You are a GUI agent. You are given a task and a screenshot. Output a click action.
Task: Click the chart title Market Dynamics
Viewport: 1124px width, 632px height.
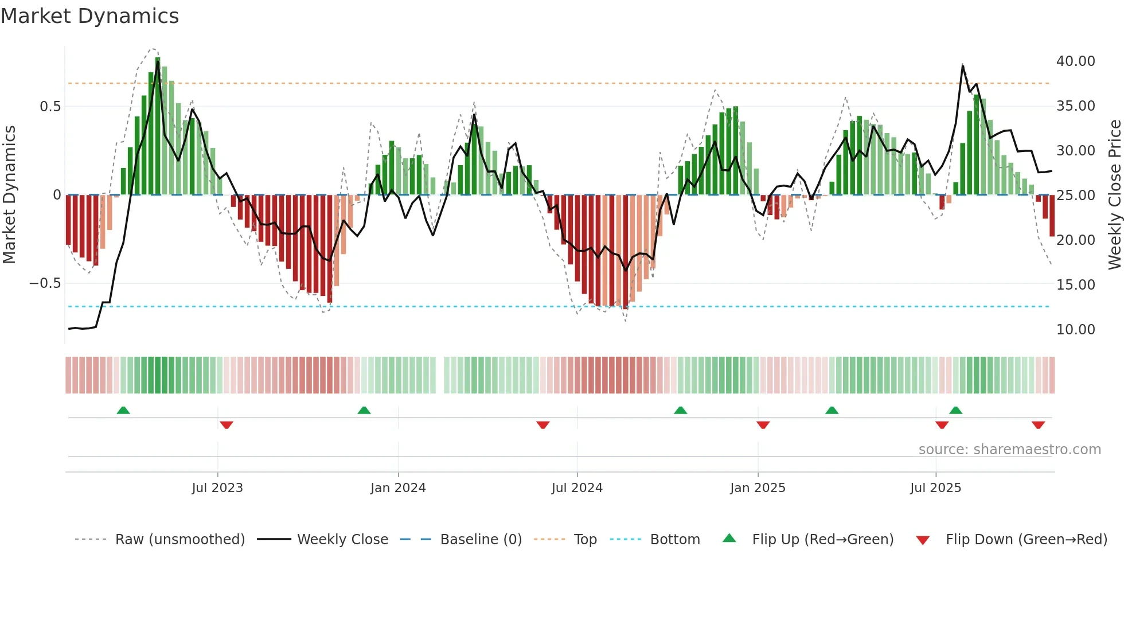[x=89, y=16]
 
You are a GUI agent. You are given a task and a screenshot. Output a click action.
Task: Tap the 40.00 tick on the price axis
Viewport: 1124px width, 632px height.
[x=1075, y=61]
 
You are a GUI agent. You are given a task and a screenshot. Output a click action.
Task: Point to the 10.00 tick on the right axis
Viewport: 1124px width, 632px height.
[x=1075, y=330]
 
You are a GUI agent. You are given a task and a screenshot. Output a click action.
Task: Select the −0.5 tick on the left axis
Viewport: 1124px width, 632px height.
[x=45, y=283]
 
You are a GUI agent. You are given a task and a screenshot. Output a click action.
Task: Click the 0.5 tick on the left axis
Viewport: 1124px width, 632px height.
[x=50, y=107]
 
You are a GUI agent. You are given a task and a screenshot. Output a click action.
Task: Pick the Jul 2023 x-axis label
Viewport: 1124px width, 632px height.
[x=217, y=488]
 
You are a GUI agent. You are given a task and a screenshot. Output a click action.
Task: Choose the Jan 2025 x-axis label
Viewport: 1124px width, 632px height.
[x=758, y=488]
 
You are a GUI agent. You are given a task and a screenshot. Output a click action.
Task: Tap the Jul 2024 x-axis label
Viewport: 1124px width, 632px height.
[x=577, y=488]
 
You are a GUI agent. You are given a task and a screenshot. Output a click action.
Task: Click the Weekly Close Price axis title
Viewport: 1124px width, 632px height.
[x=1114, y=195]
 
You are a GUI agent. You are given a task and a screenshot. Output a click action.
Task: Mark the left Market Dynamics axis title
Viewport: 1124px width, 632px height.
[x=9, y=195]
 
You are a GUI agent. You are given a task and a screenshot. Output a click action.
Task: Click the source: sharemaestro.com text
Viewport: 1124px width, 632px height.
[x=1009, y=450]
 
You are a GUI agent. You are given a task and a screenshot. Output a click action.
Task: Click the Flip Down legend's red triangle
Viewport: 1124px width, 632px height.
[x=923, y=540]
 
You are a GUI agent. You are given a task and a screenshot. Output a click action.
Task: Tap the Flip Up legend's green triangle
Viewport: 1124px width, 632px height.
[x=729, y=538]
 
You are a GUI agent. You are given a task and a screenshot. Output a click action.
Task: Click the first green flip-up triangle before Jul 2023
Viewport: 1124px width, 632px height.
[x=123, y=410]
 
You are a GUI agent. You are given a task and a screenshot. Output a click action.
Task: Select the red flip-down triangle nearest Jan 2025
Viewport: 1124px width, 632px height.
[x=763, y=425]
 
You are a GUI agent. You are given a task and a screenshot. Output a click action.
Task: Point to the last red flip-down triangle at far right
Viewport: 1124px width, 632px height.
[x=1038, y=425]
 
